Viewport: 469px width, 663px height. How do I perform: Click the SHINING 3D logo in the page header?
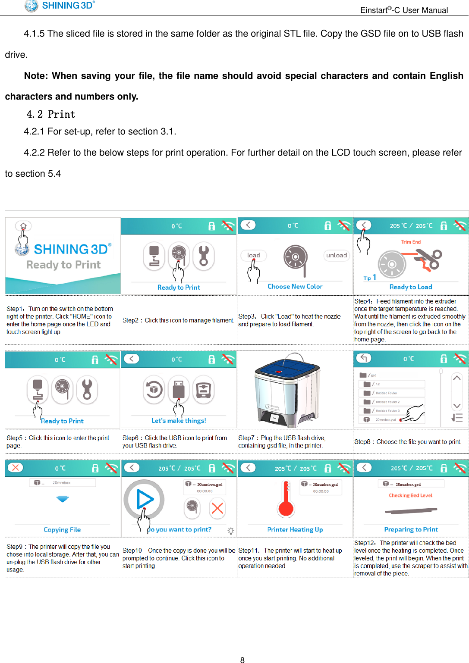pos(60,6)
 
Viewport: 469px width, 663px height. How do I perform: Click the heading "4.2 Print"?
pos(51,114)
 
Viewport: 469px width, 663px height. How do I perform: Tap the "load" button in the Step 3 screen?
pos(254,255)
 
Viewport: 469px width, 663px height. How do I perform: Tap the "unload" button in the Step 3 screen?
pos(336,255)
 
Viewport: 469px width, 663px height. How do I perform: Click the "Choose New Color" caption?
pos(295,286)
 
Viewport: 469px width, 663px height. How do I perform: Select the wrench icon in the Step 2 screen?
pos(204,256)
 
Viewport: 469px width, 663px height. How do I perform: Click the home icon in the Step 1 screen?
pos(23,226)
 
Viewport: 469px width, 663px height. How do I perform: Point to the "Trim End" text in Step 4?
pos(411,242)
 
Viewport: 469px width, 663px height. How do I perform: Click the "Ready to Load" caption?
pos(411,287)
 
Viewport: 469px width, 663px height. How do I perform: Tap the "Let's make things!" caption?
pos(179,421)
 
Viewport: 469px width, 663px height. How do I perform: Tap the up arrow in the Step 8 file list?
pos(457,378)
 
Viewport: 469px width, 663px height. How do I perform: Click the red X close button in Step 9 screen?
pos(16,468)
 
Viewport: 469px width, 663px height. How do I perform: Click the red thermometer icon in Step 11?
pos(286,500)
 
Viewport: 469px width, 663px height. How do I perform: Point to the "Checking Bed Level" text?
pos(410,495)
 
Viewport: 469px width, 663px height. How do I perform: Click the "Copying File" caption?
pos(62,530)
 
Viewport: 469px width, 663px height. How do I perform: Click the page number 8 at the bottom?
pos(242,660)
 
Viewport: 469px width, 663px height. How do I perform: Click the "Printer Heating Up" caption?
pos(295,529)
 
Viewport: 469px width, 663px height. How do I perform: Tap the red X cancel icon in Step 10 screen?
pos(217,508)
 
